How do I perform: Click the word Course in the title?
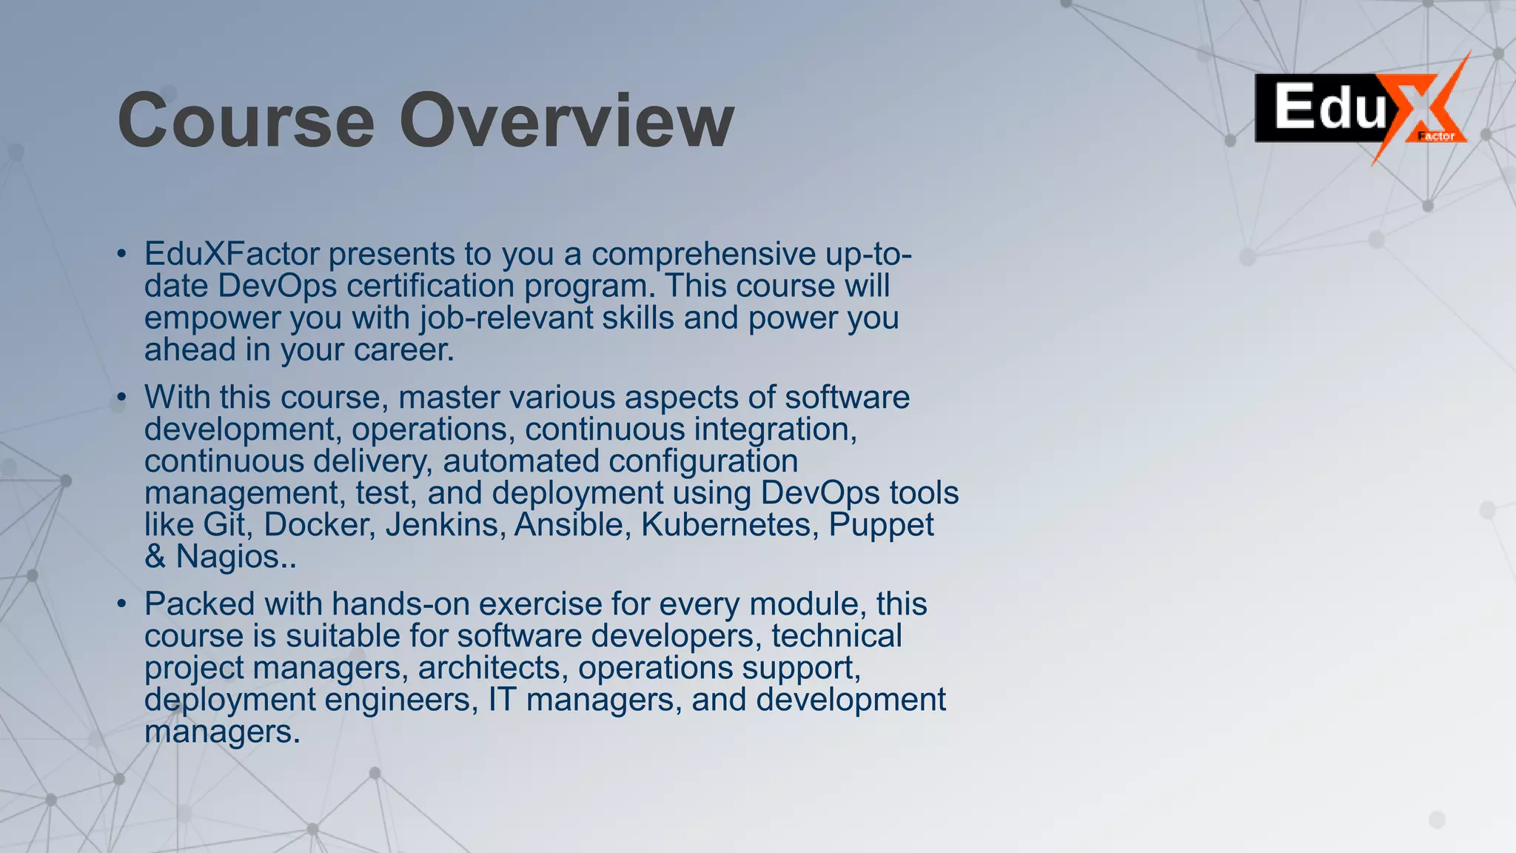pos(246,120)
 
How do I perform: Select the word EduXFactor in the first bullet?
pos(232,254)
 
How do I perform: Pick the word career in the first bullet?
pos(403,349)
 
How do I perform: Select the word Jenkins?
pos(445,524)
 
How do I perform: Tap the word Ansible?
pos(573,524)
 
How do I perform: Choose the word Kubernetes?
pos(730,524)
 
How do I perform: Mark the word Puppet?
pos(881,524)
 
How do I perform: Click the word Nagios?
pos(231,557)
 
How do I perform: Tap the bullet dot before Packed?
pos(122,604)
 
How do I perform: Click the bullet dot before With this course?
pos(122,398)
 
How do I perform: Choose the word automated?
pos(521,461)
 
